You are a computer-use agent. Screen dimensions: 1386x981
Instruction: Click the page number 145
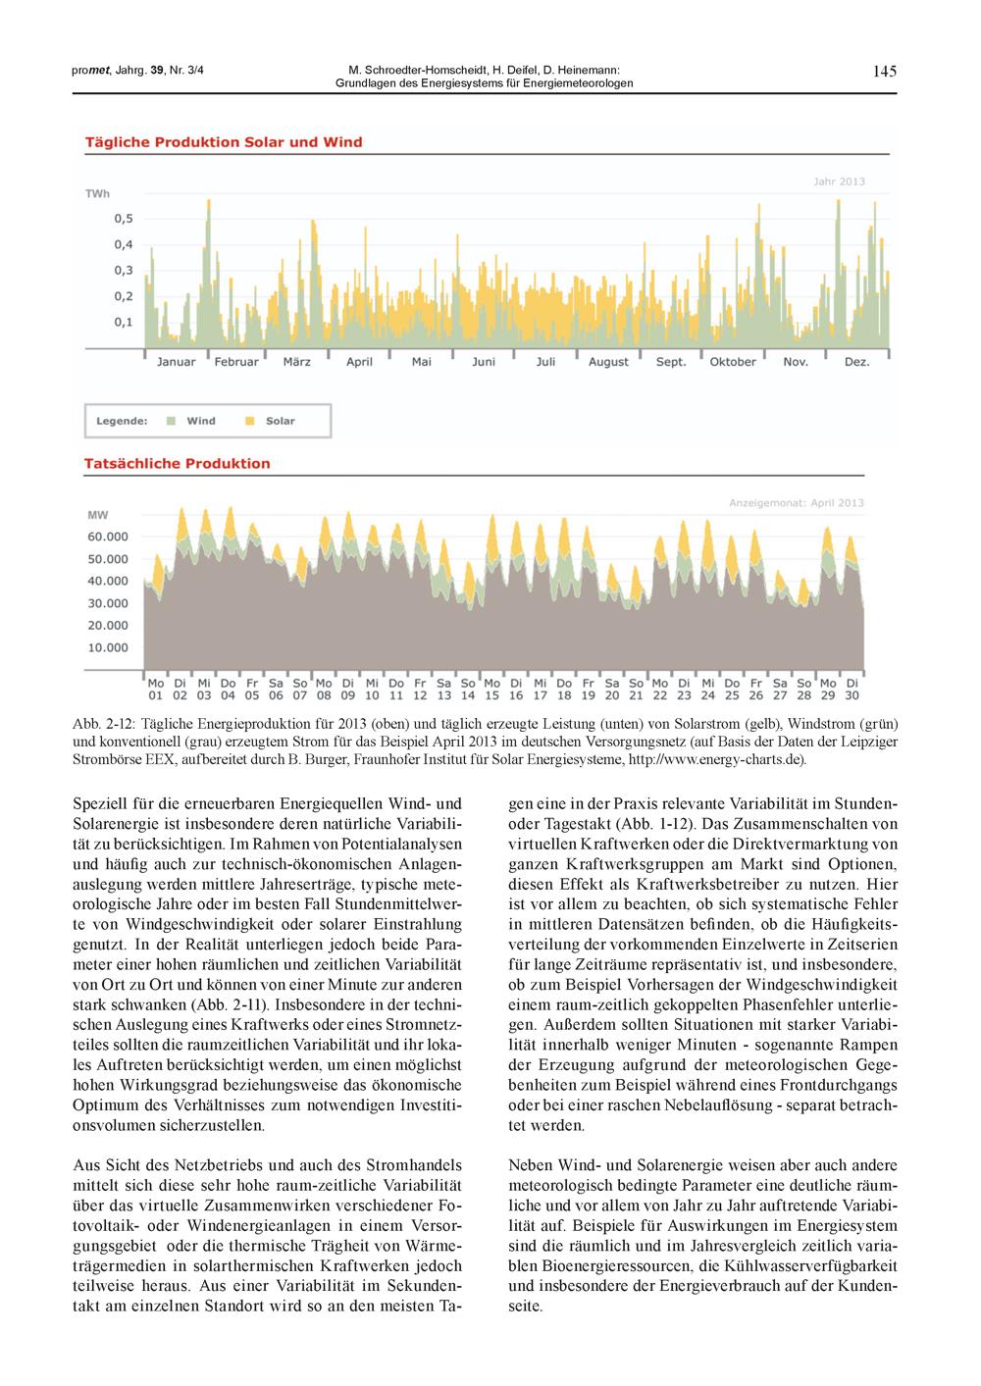[x=884, y=71]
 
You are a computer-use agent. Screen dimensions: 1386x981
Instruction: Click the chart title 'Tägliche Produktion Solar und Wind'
[x=224, y=142]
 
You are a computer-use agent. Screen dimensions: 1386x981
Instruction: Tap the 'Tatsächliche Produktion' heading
[x=178, y=463]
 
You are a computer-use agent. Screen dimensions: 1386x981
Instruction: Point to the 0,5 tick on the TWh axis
[x=124, y=219]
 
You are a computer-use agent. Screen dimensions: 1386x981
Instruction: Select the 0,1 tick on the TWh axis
[x=124, y=322]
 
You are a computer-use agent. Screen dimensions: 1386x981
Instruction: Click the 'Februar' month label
[x=236, y=362]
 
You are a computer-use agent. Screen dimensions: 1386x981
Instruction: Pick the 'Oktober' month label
[x=733, y=362]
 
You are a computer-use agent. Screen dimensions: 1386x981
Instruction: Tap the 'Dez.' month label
[x=857, y=362]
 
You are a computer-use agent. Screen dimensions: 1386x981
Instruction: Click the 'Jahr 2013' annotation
[x=839, y=181]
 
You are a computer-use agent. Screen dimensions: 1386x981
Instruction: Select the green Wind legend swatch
[x=171, y=421]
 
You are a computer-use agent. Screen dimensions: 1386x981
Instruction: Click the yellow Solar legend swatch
[x=249, y=421]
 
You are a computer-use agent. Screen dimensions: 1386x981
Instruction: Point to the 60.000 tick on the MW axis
[x=108, y=537]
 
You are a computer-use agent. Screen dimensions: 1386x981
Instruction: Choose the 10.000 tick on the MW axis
[x=108, y=647]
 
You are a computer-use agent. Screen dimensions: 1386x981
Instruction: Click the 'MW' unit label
[x=98, y=514]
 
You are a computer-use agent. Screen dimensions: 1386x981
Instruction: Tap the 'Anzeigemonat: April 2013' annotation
[x=797, y=503]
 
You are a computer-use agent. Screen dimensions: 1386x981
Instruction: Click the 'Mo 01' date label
[x=156, y=689]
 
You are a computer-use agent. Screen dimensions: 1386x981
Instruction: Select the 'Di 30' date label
[x=852, y=689]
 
